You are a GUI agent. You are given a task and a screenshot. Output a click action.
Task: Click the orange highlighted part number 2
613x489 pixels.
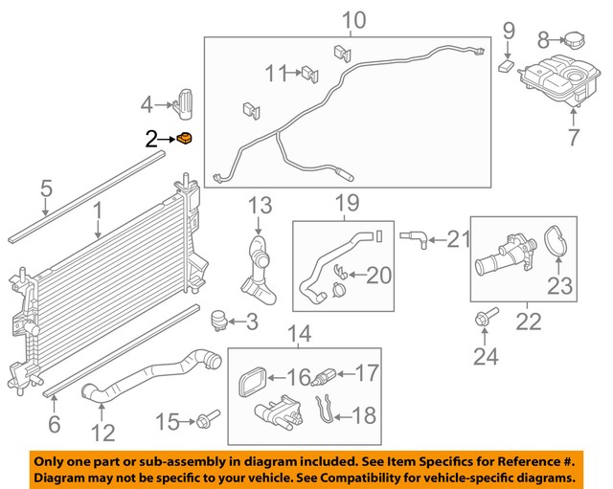(x=185, y=140)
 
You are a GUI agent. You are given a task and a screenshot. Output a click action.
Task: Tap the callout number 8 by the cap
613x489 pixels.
(x=542, y=40)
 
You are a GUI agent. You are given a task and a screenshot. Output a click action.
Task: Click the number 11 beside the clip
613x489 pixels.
(x=276, y=71)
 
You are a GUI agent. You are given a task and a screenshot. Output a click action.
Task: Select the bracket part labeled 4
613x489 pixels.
(x=188, y=100)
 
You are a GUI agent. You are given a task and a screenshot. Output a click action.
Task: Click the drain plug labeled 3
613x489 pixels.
(x=218, y=320)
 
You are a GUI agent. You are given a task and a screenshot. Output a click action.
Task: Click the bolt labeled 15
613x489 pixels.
(x=208, y=418)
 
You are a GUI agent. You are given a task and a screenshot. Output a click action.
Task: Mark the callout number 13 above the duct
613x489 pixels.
(x=261, y=206)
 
